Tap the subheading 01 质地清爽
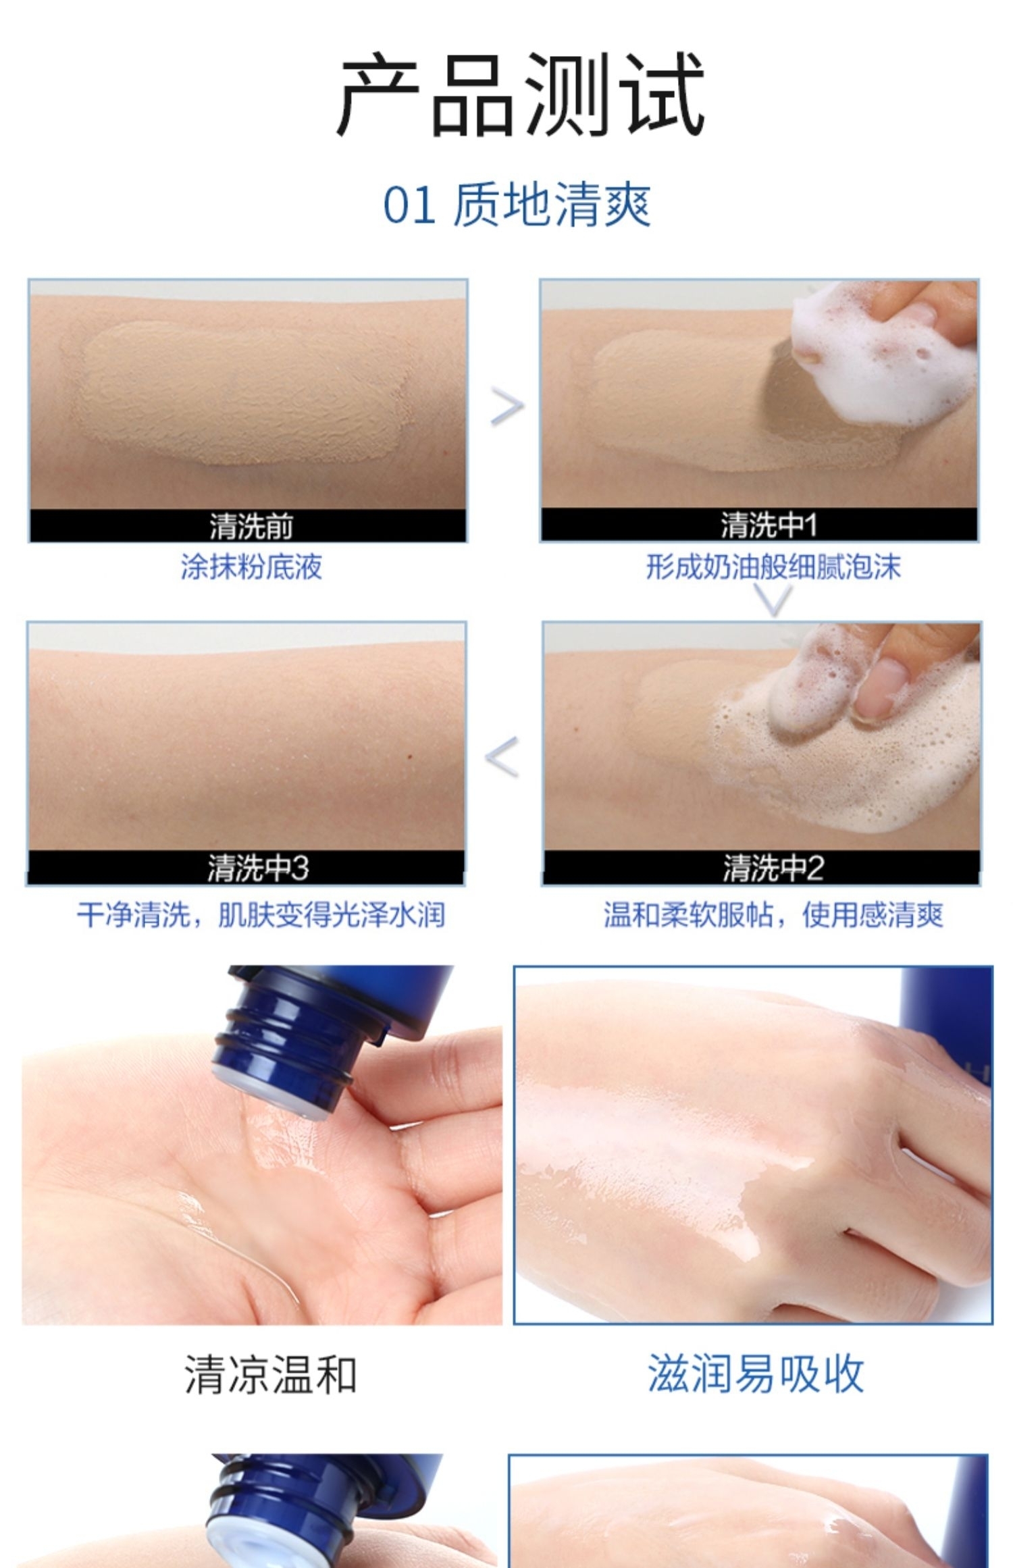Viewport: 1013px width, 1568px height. click(517, 205)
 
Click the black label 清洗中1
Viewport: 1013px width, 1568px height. click(769, 525)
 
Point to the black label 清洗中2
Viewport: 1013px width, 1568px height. click(773, 868)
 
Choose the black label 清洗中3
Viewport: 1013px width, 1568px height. click(257, 868)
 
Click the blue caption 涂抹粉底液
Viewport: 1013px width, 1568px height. click(251, 567)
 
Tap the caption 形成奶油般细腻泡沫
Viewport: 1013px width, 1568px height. click(773, 567)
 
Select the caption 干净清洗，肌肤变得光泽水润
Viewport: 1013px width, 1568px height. click(261, 915)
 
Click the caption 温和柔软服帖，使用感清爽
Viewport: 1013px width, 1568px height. click(773, 915)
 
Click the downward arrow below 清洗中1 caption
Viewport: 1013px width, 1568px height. click(773, 600)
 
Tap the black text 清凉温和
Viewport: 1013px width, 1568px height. click(270, 1374)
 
